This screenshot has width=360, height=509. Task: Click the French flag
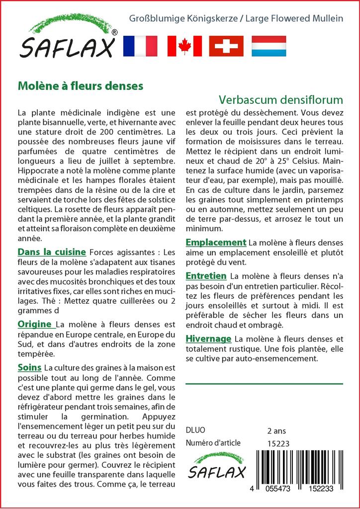coord(140,46)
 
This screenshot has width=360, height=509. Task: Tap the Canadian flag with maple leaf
coord(184,46)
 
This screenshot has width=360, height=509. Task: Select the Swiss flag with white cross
coord(226,46)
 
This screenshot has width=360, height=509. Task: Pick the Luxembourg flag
coord(269,46)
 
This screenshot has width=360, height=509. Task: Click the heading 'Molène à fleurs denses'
coord(81,85)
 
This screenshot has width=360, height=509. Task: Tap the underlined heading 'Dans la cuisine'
coord(52,252)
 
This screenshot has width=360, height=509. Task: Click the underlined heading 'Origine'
coord(35,325)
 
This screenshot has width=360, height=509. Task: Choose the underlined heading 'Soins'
coord(29,368)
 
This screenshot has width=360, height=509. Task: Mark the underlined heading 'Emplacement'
coord(216,243)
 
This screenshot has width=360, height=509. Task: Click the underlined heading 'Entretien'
coord(206,275)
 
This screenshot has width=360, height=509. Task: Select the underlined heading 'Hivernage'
coord(208,339)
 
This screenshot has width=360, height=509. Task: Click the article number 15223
coord(278,443)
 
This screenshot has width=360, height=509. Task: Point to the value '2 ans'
coord(276,430)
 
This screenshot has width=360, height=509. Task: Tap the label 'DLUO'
coord(195,430)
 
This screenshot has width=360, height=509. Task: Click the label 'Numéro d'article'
coord(213,443)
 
